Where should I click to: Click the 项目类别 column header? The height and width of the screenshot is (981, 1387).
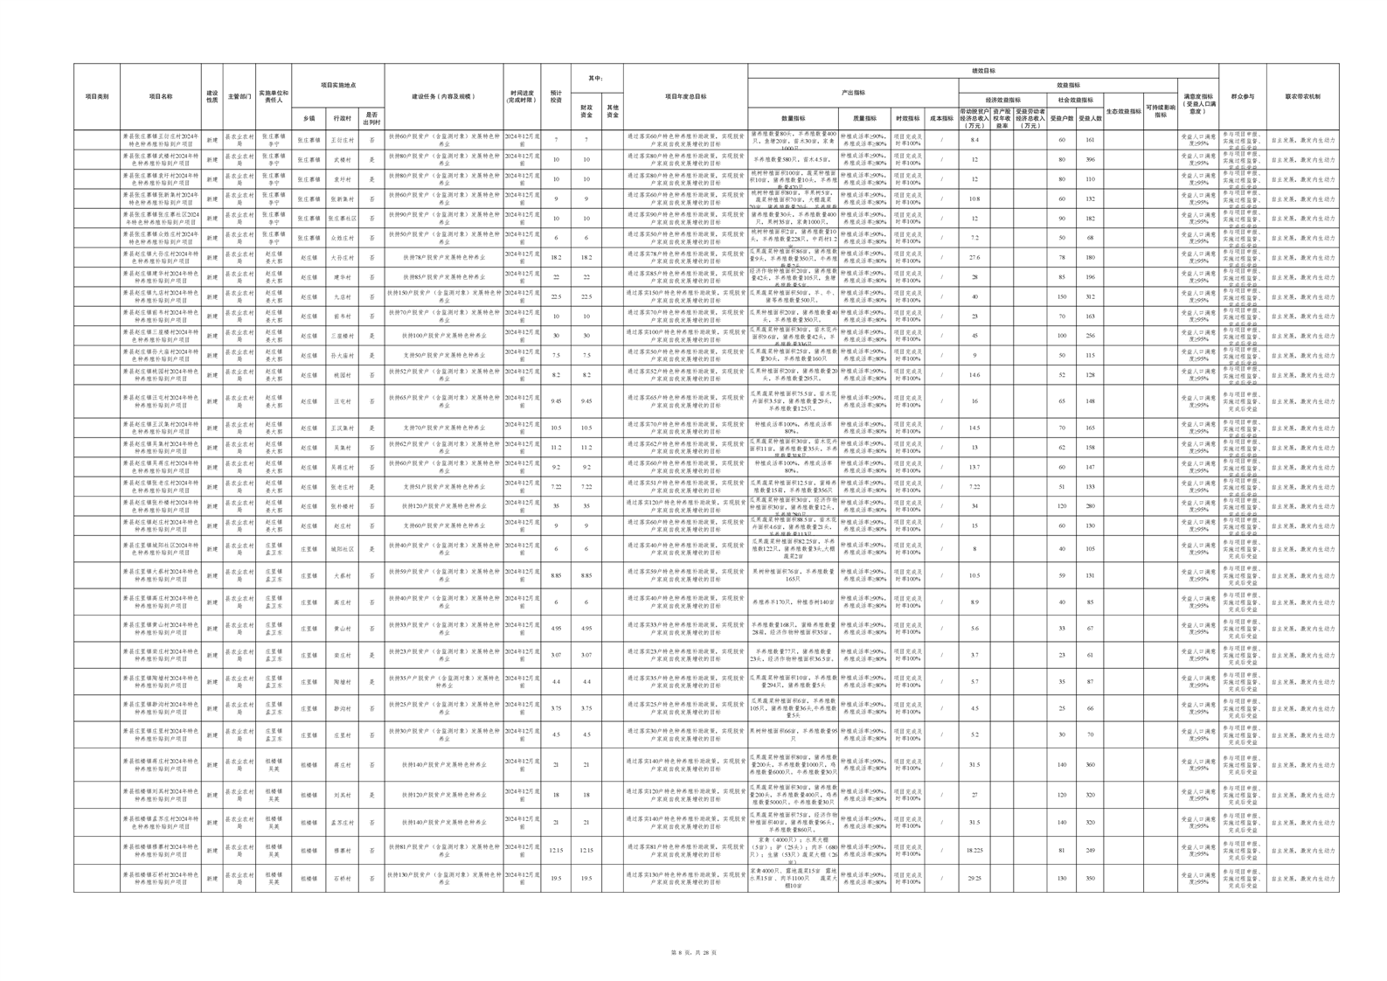(x=97, y=97)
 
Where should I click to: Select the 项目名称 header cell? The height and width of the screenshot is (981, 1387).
(x=161, y=97)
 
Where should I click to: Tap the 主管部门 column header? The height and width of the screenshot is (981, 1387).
(x=239, y=97)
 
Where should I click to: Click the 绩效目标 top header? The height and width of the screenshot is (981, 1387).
(x=983, y=71)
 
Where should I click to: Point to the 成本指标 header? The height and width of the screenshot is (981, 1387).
(x=941, y=118)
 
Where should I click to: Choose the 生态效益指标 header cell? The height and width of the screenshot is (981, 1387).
(x=1123, y=111)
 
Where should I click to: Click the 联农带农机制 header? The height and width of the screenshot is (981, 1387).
(x=1302, y=97)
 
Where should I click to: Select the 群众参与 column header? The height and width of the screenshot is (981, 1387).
(x=1242, y=97)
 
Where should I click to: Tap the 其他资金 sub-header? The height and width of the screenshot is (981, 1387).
(x=613, y=112)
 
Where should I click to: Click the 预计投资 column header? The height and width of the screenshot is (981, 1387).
(x=556, y=97)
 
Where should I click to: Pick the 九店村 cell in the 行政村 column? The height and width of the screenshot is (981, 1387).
(x=342, y=297)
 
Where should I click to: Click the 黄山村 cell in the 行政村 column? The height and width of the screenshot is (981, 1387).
(x=342, y=629)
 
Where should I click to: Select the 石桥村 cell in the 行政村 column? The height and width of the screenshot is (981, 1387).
(x=342, y=879)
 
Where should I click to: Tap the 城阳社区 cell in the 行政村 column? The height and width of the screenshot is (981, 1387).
(x=342, y=549)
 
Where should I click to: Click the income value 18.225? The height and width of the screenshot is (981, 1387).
(x=974, y=850)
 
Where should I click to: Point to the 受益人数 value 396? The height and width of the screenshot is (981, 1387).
(x=1090, y=160)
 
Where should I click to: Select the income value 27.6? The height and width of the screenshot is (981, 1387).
(x=974, y=258)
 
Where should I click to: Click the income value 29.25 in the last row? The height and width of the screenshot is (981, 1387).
(x=974, y=879)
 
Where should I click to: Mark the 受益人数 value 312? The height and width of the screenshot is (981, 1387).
(x=1090, y=297)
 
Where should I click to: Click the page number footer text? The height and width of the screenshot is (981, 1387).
(x=693, y=952)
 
